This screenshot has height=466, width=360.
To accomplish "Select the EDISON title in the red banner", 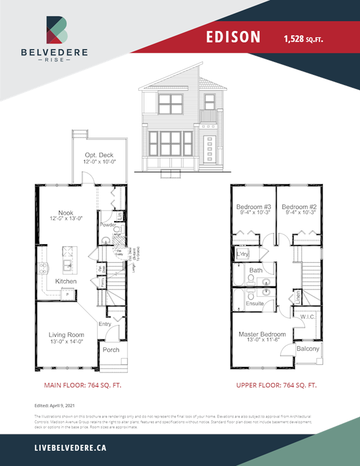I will (x=233, y=37).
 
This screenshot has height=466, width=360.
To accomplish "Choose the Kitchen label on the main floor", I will (x=66, y=281).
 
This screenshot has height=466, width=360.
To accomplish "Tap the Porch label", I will (x=111, y=349).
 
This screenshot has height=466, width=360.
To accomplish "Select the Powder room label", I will (x=107, y=225).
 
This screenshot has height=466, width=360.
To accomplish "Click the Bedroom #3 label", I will (x=254, y=205).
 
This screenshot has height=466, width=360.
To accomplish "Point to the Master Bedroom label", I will (x=262, y=334).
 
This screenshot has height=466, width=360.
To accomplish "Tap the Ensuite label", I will (x=255, y=303).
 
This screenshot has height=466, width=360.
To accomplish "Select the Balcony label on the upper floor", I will (x=308, y=349).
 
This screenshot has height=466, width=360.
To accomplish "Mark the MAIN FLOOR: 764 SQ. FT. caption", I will (x=83, y=386).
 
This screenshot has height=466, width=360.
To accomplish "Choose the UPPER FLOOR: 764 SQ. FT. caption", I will (x=276, y=386).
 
